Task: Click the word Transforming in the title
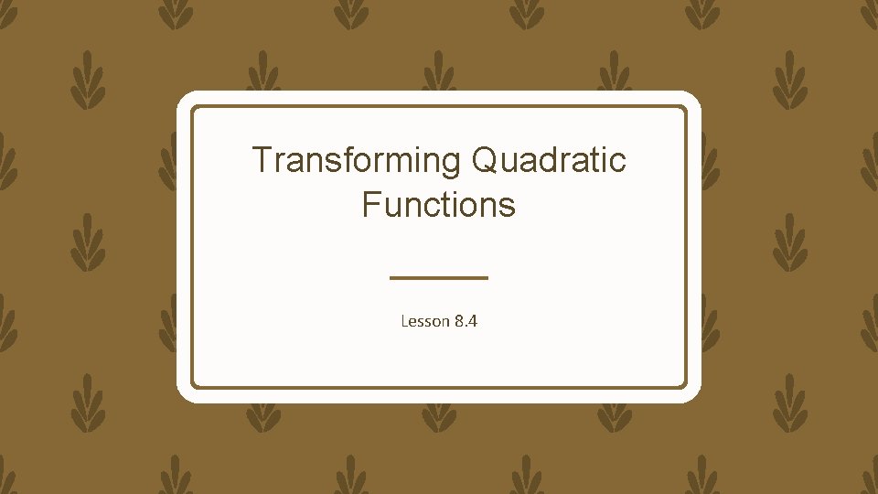pyautogui.click(x=357, y=160)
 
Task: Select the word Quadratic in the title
pyautogui.click(x=549, y=160)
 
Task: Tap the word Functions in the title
pyautogui.click(x=439, y=204)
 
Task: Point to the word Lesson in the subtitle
pyautogui.click(x=424, y=321)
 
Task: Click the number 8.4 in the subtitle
pyautogui.click(x=466, y=321)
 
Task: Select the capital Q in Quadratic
pyautogui.click(x=484, y=160)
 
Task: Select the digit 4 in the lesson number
pyautogui.click(x=473, y=321)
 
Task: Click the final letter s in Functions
pyautogui.click(x=508, y=206)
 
